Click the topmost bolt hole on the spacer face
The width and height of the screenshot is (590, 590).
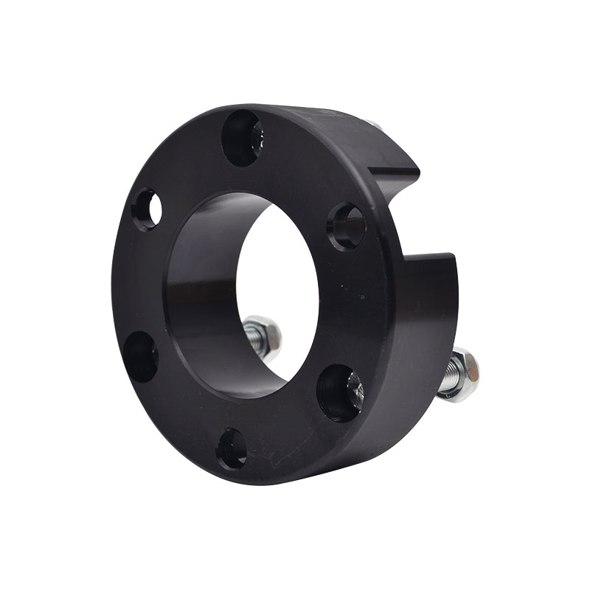[242, 137]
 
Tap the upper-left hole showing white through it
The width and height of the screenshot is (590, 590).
[147, 210]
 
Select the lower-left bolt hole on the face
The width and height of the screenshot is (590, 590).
[140, 356]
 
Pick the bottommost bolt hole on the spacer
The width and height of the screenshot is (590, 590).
[232, 448]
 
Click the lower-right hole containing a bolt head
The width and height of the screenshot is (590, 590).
[340, 393]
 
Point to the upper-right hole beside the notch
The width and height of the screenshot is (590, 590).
[347, 226]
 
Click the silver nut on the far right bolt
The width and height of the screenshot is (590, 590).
[464, 373]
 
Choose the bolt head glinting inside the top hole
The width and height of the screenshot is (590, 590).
[255, 138]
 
